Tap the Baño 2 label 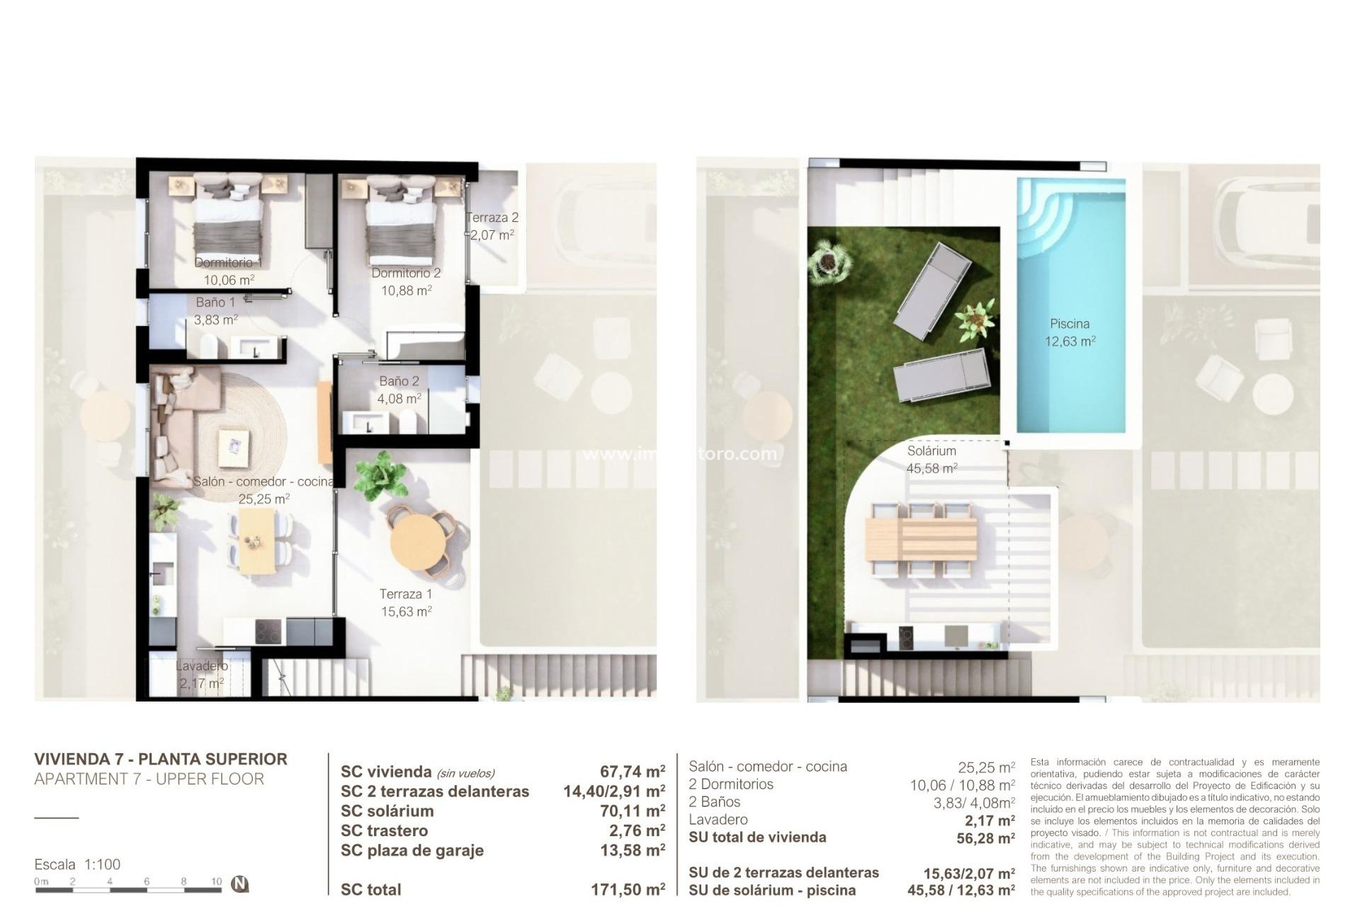pyautogui.click(x=399, y=381)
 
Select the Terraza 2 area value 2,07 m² pyautogui.click(x=492, y=235)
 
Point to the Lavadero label pyautogui.click(x=202, y=666)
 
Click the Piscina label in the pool pyautogui.click(x=1070, y=324)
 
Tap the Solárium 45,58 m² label pyautogui.click(x=931, y=459)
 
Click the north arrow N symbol pyautogui.click(x=241, y=884)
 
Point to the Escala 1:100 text pyautogui.click(x=77, y=864)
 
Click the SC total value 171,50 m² pyautogui.click(x=628, y=889)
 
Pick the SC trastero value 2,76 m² pyautogui.click(x=632, y=830)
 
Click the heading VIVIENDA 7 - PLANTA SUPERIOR pyautogui.click(x=161, y=759)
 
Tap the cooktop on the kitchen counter pyautogui.click(x=268, y=631)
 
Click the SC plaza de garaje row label pyautogui.click(x=412, y=850)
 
